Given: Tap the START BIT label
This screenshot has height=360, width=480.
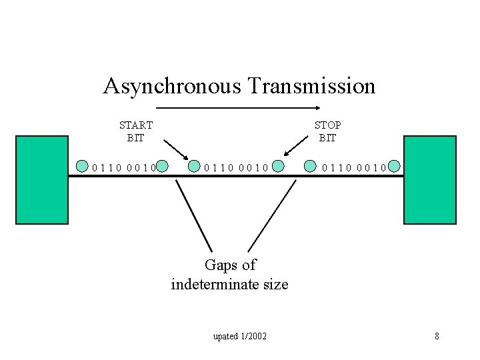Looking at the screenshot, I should click(x=136, y=131).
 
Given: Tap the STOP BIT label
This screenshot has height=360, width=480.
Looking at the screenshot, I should click(x=327, y=131).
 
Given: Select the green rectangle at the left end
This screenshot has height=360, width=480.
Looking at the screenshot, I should click(x=42, y=179).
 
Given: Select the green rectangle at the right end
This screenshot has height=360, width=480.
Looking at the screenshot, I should click(x=429, y=179).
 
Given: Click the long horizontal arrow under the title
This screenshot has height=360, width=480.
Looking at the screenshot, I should click(x=238, y=108).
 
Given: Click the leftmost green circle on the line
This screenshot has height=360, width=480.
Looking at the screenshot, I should click(x=83, y=166).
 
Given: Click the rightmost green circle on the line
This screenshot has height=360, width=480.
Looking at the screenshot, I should click(x=395, y=166).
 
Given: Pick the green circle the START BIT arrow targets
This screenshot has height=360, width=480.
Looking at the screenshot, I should click(x=194, y=166).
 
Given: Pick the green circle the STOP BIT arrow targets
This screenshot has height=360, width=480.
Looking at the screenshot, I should click(x=278, y=166).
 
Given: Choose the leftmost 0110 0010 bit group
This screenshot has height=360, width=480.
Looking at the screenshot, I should click(x=124, y=167).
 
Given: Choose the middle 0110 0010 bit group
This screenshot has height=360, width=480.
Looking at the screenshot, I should click(x=236, y=167).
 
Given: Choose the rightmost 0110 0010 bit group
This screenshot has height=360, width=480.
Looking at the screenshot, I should click(x=353, y=167).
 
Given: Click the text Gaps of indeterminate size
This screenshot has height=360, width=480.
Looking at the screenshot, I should click(x=230, y=275).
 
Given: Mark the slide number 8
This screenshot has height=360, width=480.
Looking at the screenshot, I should click(x=437, y=336).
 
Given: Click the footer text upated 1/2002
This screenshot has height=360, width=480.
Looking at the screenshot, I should click(x=240, y=336).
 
